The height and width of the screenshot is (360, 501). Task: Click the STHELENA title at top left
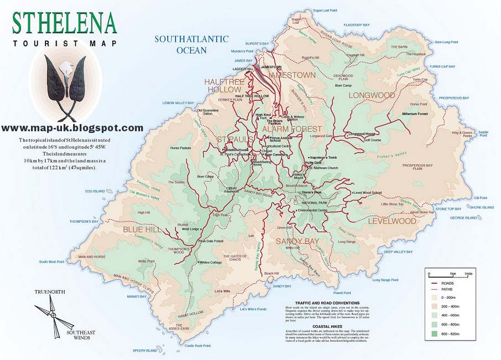[64, 23]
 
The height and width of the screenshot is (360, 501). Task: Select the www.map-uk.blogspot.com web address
[72, 128]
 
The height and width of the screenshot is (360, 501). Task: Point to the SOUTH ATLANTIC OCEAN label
[191, 44]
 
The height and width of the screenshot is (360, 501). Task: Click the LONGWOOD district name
[371, 95]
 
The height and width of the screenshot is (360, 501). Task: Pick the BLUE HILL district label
[141, 229]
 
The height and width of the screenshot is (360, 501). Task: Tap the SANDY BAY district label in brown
[297, 241]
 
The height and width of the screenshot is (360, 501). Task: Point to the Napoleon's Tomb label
[324, 158]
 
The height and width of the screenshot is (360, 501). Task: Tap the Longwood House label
[361, 134]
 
